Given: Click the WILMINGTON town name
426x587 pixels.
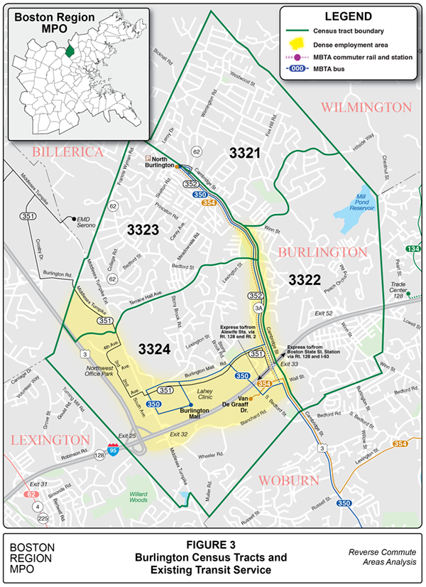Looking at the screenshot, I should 366,107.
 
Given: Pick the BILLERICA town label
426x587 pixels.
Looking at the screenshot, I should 67,152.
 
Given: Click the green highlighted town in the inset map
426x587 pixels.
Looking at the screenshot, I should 69,50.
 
